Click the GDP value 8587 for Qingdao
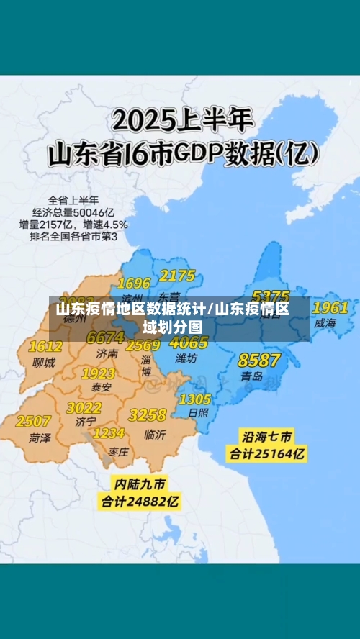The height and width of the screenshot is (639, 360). coord(259,360)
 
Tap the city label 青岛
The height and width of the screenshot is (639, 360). coord(252,376)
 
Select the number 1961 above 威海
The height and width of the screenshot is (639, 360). coord(330,307)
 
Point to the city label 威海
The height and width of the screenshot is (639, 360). coord(325,324)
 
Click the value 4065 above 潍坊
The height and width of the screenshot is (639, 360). coord(189,343)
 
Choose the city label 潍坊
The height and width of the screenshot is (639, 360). coord(186,358)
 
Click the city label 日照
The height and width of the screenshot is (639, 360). coord(197,413)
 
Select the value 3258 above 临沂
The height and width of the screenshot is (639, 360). coord(147,415)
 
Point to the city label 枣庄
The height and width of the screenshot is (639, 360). coord(119,451)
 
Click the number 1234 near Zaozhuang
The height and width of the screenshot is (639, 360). coord(109,433)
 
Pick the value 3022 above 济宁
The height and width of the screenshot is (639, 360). coord(84,407)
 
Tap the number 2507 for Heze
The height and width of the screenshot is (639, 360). coord(33,420)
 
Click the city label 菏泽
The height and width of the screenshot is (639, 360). coord(40,438)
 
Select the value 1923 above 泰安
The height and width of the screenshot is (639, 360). coord(98,373)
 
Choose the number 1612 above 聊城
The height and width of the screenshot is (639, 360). coord(45,347)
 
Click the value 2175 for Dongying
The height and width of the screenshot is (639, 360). coord(177,276)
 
